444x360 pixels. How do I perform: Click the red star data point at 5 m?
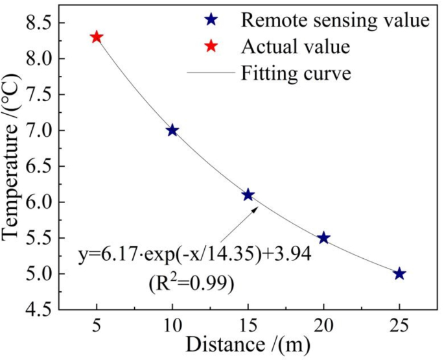97,37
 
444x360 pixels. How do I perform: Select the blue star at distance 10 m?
172,130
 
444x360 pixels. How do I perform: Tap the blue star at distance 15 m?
248,195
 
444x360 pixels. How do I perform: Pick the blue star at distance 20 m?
323,238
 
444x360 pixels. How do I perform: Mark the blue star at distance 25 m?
399,274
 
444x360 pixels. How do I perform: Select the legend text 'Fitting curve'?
296,73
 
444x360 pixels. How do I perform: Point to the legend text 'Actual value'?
296,47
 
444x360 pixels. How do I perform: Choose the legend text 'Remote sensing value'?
335,20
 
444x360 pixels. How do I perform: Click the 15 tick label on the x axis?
248,323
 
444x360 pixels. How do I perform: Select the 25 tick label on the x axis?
399,323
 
